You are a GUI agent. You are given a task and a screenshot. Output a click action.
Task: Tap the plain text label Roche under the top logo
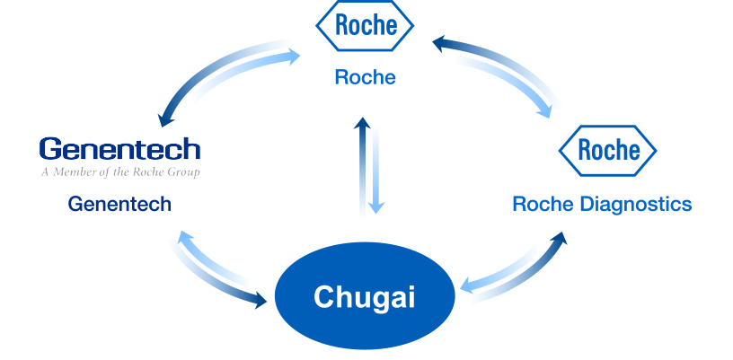[x=365, y=77]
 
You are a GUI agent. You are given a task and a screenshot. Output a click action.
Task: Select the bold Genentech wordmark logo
[x=119, y=148]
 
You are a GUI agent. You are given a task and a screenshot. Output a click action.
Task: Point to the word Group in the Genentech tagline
[x=182, y=171]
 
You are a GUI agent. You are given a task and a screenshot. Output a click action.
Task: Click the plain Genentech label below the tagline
[x=119, y=205]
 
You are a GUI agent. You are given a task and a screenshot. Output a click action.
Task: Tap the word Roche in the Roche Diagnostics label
[x=543, y=205]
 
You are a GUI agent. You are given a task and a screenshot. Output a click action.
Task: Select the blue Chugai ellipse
[x=364, y=297]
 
